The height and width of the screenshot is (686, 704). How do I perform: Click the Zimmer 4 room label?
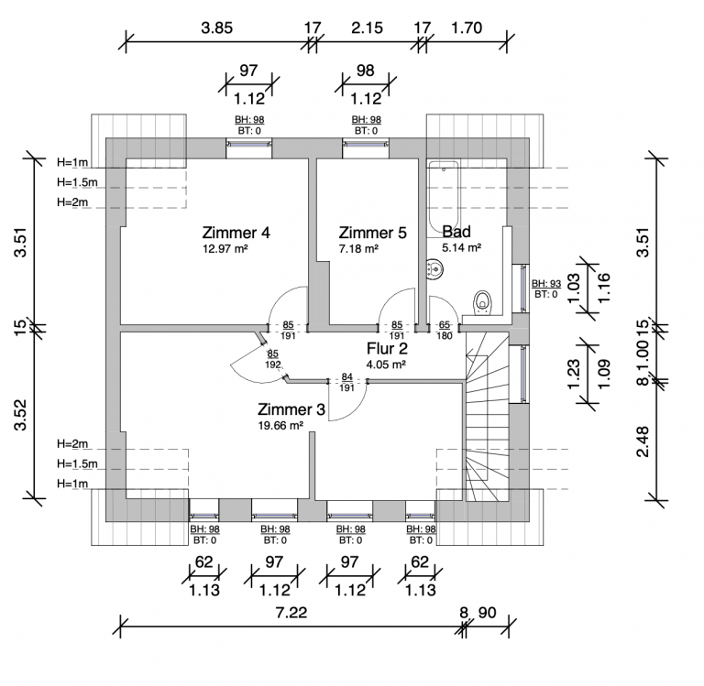(x=236, y=233)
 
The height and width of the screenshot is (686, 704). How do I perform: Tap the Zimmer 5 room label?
(x=373, y=233)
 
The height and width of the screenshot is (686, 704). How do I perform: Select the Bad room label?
(x=456, y=232)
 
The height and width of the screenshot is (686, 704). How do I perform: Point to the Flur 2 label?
(x=387, y=349)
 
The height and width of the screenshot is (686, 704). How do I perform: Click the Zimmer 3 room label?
(x=291, y=409)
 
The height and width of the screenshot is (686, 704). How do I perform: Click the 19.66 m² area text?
(x=280, y=425)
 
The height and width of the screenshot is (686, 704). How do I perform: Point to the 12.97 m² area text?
(x=225, y=248)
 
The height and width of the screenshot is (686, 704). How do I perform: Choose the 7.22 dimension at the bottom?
(x=291, y=613)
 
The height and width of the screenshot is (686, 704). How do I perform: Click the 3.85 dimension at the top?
(x=217, y=27)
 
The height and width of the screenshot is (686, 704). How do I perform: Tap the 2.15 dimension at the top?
(x=368, y=27)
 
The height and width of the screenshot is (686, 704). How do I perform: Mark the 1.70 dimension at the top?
(x=467, y=27)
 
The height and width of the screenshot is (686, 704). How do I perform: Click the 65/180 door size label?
(x=445, y=331)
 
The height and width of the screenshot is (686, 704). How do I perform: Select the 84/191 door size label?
(x=347, y=382)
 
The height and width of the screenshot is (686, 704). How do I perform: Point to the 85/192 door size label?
(x=272, y=359)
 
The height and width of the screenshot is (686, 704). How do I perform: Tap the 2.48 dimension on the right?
(x=643, y=441)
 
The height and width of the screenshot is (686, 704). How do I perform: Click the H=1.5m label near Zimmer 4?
(x=77, y=182)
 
